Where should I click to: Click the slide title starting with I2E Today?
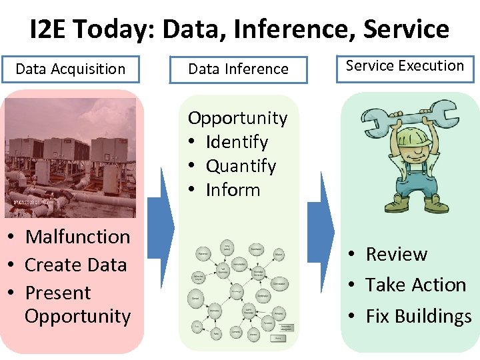(239, 29)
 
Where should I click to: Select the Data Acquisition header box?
(70, 69)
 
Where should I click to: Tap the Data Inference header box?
(238, 69)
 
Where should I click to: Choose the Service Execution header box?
(405, 66)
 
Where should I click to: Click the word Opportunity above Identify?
(237, 118)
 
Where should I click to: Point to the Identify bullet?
(237, 142)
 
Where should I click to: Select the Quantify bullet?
(240, 166)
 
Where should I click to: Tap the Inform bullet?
(233, 190)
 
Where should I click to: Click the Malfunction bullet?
(77, 237)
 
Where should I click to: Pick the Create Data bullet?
(75, 265)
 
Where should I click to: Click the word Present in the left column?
(57, 293)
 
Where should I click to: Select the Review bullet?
(396, 254)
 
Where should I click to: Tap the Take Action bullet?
(415, 285)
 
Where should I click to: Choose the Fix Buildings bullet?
(418, 315)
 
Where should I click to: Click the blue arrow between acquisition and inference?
(160, 227)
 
